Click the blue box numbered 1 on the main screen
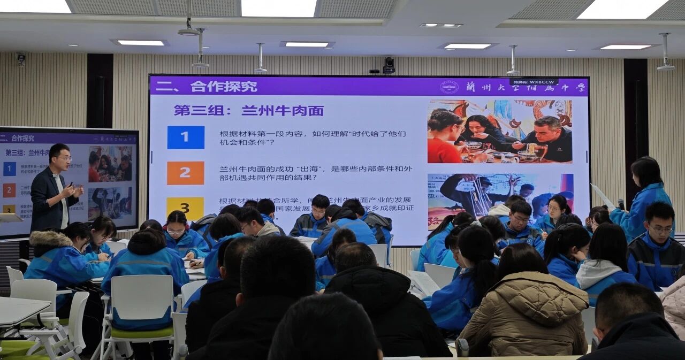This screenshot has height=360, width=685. [186, 137]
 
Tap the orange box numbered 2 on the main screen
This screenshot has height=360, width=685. [185, 173]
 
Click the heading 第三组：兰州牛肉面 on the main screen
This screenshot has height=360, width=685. [248, 111]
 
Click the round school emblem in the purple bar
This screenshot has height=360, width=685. [449, 87]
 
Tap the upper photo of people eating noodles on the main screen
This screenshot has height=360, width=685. [499, 132]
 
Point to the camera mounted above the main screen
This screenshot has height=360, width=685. [389, 65]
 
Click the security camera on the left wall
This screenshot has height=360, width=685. [21, 58]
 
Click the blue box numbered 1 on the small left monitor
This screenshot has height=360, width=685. [10, 168]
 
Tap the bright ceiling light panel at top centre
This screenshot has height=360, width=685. [278, 7]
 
